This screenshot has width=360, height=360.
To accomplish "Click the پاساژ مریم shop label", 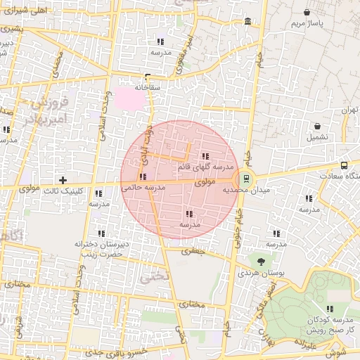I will tap(307, 24).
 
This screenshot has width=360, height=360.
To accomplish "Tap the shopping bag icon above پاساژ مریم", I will tap(308, 13).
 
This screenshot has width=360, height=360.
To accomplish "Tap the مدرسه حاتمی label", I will tap(143, 188).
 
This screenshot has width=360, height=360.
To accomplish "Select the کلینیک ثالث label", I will tap(64, 191).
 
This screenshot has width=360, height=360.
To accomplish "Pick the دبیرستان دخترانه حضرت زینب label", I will tap(101, 248).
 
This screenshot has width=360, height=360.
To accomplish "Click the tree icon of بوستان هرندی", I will tap(261, 262).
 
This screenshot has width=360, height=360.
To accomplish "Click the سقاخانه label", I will tap(149, 87).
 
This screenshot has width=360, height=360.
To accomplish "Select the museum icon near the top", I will tap(248, 22).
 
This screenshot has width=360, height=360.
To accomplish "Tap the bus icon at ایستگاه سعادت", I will tap(344, 166).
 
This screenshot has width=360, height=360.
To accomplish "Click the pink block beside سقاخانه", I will tap(129, 98).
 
